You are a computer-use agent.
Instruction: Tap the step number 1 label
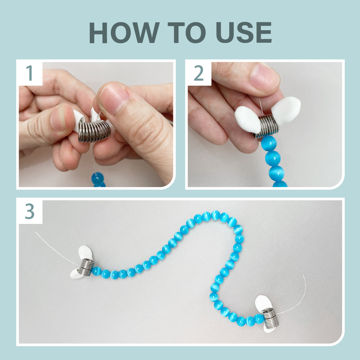click(x=30, y=73)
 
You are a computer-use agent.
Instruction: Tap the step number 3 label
click(x=30, y=211)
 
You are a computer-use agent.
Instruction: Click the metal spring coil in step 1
click(x=94, y=131)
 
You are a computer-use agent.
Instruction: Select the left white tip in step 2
click(x=248, y=120)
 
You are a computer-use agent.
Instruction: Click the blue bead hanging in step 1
click(x=98, y=179)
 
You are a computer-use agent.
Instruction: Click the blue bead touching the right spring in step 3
click(x=259, y=319)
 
